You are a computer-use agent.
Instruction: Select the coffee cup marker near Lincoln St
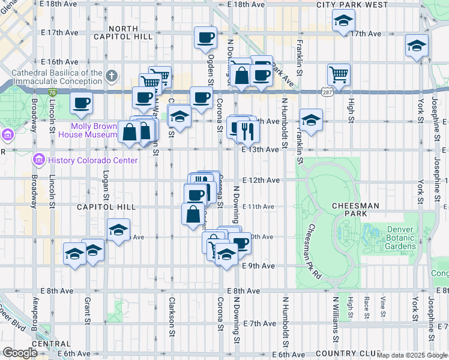pyautogui.click(x=81, y=102)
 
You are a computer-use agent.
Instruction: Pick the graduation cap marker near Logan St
pyautogui.click(x=119, y=230)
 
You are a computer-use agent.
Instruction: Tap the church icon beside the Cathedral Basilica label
pyautogui.click(x=111, y=76)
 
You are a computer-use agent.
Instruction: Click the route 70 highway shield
pyautogui.click(x=53, y=92)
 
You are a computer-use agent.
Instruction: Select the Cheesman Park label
pyautogui.click(x=355, y=206)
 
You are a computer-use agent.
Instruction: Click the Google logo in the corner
pyautogui.click(x=20, y=353)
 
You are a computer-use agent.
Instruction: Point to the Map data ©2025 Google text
pyautogui.click(x=412, y=355)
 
